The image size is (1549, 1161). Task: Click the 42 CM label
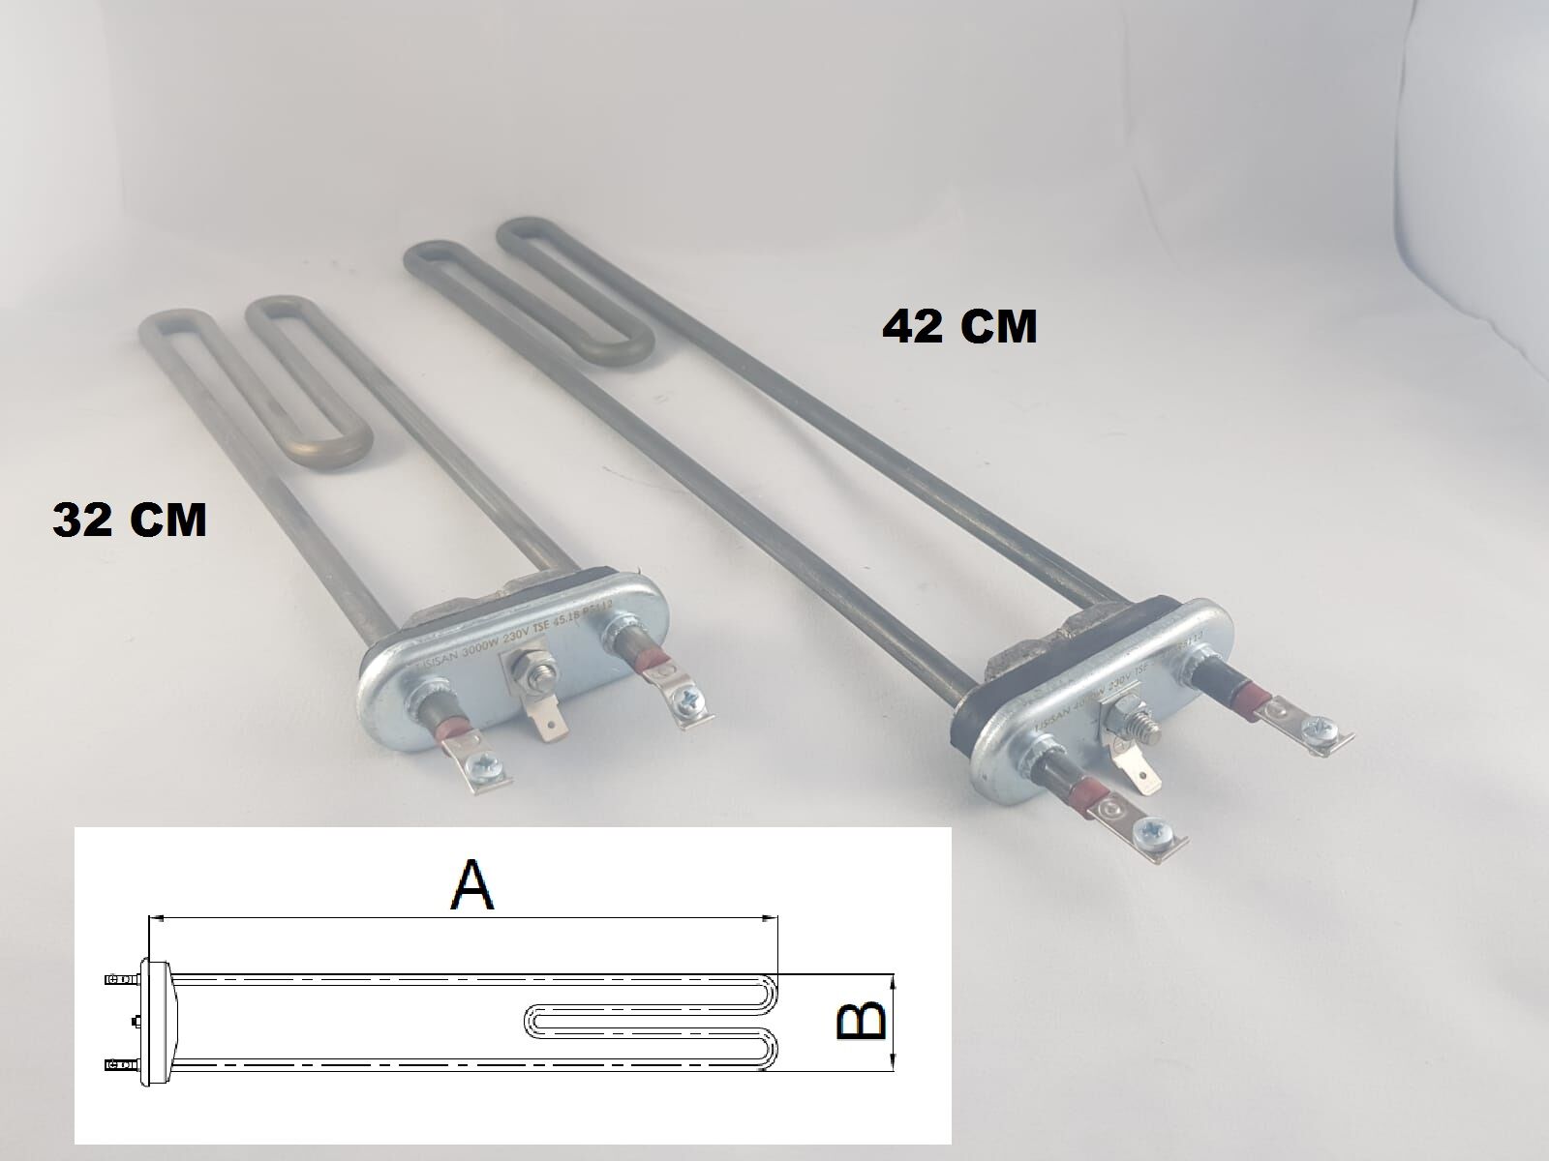click(959, 328)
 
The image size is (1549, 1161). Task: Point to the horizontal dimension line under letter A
click(465, 916)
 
